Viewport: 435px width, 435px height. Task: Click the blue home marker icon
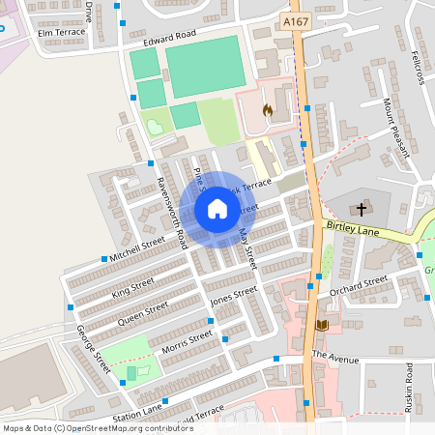217,209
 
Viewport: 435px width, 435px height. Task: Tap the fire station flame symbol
268,110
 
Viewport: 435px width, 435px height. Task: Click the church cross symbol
362,209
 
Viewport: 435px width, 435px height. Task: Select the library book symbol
322,325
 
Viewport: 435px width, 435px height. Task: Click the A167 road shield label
296,20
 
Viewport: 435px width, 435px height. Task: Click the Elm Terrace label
62,32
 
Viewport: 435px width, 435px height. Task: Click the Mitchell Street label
138,250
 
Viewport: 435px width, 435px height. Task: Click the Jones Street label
234,296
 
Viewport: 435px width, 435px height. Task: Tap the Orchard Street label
358,285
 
